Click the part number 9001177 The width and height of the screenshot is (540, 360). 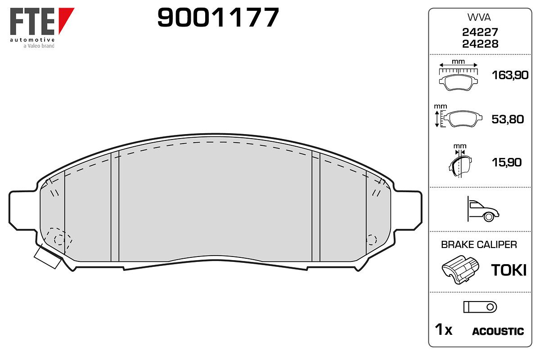[x=218, y=17]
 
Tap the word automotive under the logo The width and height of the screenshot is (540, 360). [x=32, y=40]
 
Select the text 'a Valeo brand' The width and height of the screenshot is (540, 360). [x=39, y=46]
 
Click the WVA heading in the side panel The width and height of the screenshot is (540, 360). [x=479, y=18]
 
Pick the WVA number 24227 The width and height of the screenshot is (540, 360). [x=480, y=32]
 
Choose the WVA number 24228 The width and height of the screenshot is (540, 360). [x=480, y=44]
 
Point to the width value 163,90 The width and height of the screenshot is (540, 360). [x=510, y=75]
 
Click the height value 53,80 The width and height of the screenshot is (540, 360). [x=508, y=119]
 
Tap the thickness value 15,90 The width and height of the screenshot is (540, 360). [x=507, y=162]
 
